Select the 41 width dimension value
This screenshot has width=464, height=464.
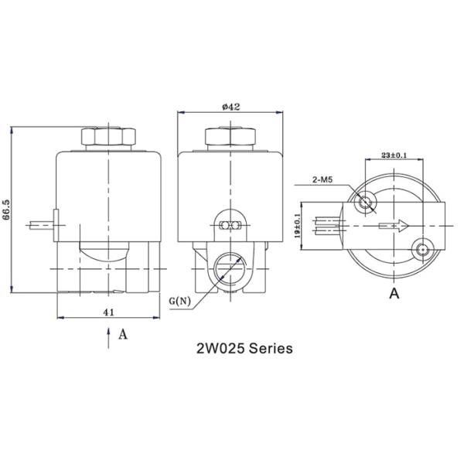109,312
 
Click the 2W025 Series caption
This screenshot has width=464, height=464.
244,349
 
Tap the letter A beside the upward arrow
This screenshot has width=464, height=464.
122,335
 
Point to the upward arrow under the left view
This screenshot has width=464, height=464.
108,334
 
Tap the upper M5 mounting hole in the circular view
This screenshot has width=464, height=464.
367,202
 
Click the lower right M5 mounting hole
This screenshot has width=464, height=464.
422,249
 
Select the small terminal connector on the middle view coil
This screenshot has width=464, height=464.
229,224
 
